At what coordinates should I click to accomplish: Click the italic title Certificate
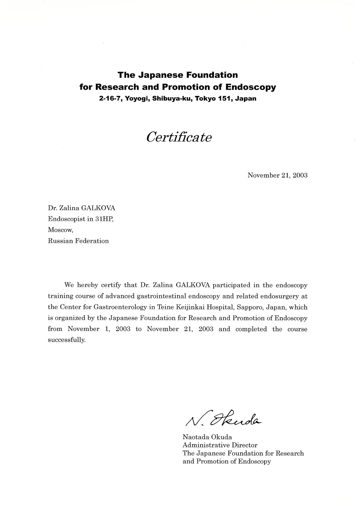[x=179, y=137]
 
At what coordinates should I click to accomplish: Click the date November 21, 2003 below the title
[x=277, y=175]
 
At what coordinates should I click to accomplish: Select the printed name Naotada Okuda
[x=207, y=437]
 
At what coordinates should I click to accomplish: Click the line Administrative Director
[x=220, y=445]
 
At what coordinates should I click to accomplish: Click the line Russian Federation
[x=78, y=241]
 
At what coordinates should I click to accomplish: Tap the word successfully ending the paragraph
[x=67, y=340]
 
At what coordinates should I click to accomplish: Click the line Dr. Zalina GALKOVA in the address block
[x=82, y=208]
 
